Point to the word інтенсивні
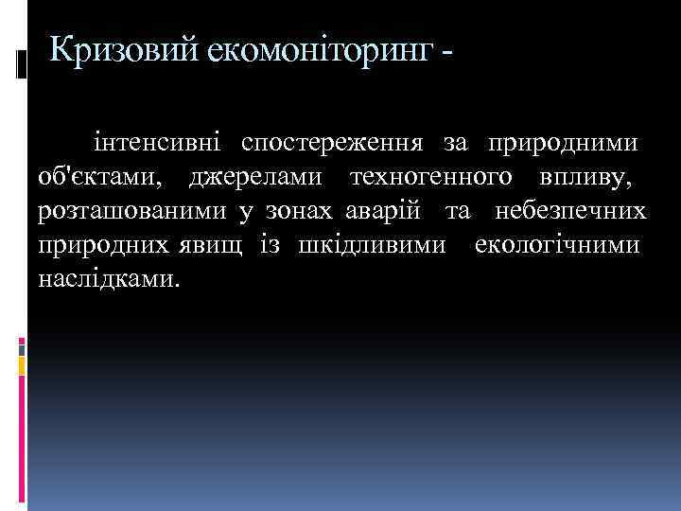click(157, 144)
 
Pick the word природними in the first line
click(561, 144)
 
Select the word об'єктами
click(98, 177)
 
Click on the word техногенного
click(432, 177)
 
